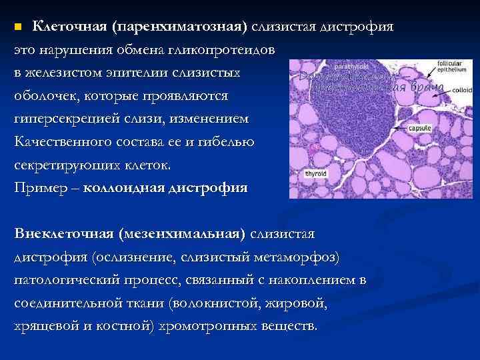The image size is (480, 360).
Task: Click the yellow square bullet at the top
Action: (x=19, y=27)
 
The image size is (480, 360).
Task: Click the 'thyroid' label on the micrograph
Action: (x=315, y=173)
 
